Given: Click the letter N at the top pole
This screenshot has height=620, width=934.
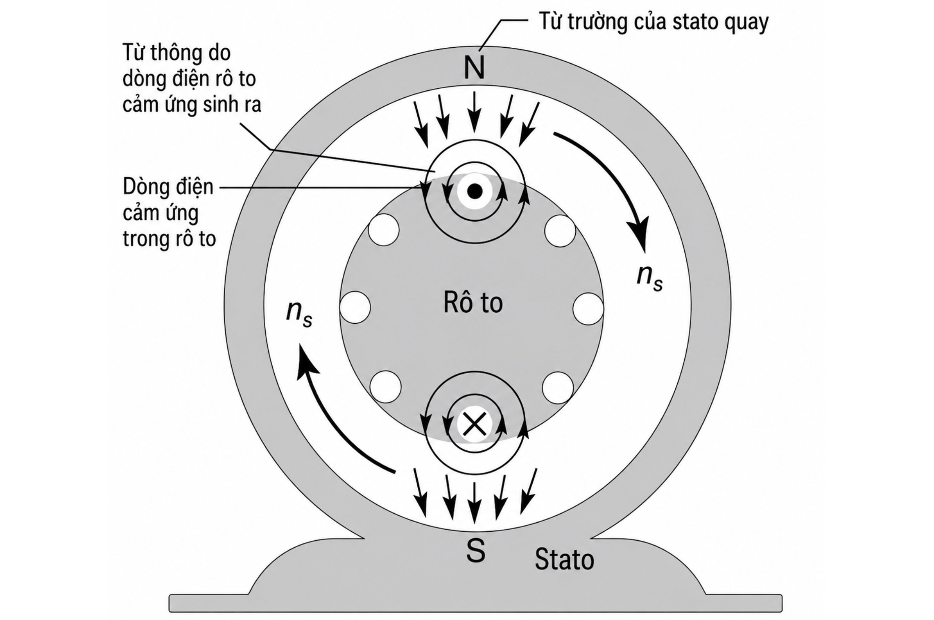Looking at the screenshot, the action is coord(474,67).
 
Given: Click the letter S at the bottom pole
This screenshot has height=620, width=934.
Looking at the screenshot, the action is coord(475,550).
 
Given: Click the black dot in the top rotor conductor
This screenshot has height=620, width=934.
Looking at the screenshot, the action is coord(474,191).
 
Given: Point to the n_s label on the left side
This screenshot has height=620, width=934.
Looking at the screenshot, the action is coord(299,313).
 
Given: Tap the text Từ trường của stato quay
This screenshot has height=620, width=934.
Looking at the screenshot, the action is coord(654,22).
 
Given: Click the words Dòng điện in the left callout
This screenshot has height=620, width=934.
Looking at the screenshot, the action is coord(168,187).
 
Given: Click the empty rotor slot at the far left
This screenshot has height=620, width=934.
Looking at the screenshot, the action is coord(355,307).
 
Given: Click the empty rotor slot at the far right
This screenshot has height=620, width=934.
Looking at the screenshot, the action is coord(588,308).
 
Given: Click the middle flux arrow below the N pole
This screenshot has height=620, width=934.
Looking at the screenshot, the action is coord(474,113).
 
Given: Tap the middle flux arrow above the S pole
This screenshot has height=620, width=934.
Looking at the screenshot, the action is coord(474,502).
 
